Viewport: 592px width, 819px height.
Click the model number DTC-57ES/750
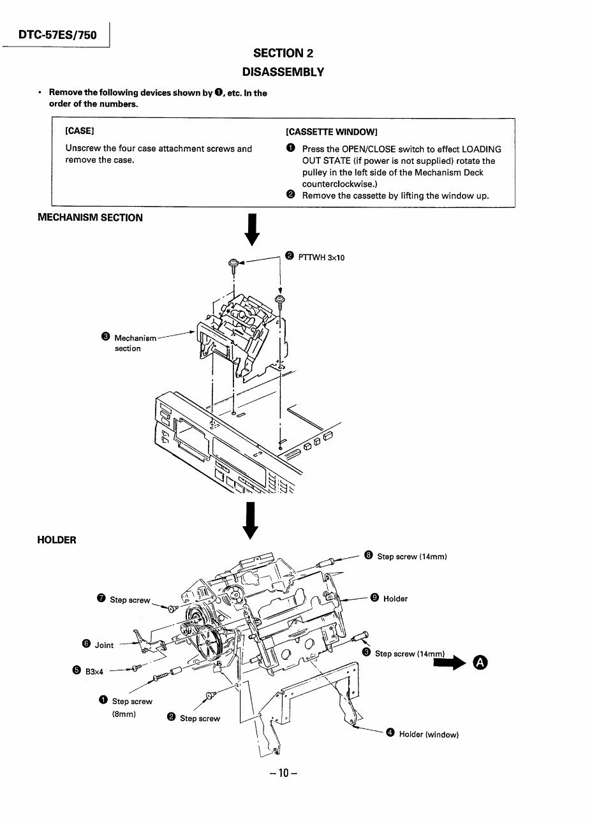(57, 35)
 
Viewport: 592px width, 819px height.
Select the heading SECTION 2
(283, 53)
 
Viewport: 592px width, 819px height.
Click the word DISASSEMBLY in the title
(288, 71)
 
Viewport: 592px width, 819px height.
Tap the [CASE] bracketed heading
(80, 131)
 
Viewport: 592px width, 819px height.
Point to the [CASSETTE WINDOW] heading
(332, 132)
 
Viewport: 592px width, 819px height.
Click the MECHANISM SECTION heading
(90, 218)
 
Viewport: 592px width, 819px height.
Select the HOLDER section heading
(57, 540)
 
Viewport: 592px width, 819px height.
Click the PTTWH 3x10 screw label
(322, 257)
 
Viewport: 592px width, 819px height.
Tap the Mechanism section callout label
(134, 343)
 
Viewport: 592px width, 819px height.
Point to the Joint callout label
(103, 645)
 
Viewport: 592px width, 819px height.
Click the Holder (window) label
(428, 734)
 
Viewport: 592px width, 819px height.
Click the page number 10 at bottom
(283, 773)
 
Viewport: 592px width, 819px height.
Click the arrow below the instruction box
(253, 230)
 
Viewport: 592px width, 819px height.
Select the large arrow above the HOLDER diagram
(251, 520)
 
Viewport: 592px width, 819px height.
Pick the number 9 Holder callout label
(395, 598)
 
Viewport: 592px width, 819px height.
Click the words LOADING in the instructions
(482, 149)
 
